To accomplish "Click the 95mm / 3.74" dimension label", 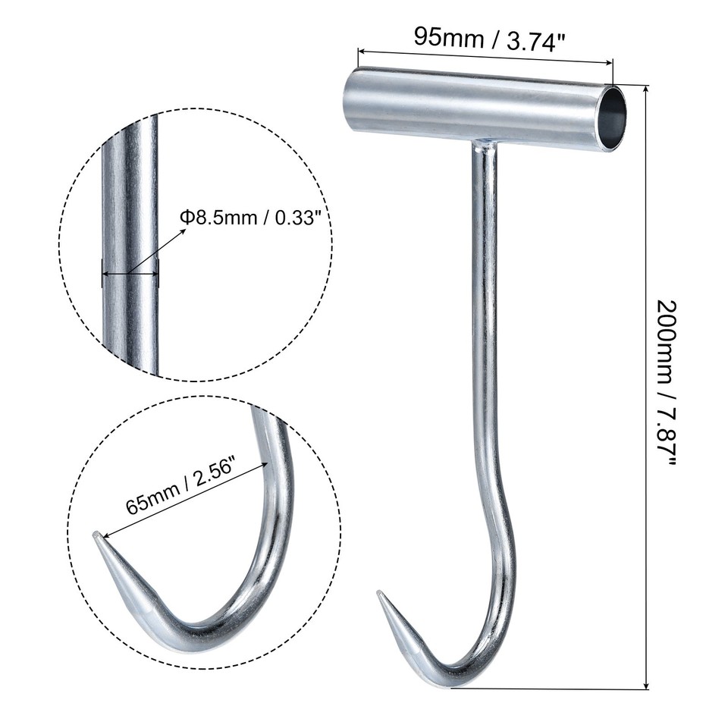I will [490, 38].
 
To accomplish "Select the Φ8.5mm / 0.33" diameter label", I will [254, 218].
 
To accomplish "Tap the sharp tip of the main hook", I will [380, 595].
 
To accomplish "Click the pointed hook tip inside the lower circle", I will [96, 537].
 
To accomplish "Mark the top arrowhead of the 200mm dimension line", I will [646, 88].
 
